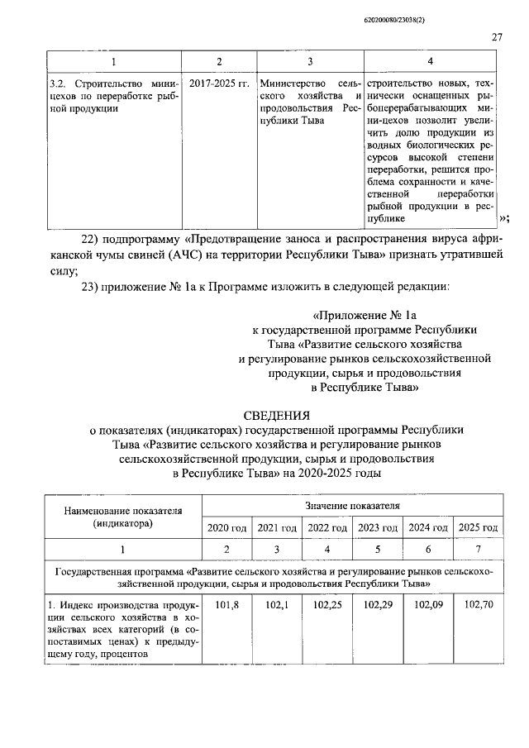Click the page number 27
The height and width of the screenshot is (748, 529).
pos(497,36)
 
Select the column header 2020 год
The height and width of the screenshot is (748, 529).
pos(226,527)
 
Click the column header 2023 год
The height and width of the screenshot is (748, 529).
pos(377,527)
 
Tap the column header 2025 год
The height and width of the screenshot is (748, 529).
pos(478,527)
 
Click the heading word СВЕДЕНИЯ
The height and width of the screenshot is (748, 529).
pos(277,415)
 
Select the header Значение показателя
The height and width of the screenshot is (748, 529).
pos(352,503)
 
